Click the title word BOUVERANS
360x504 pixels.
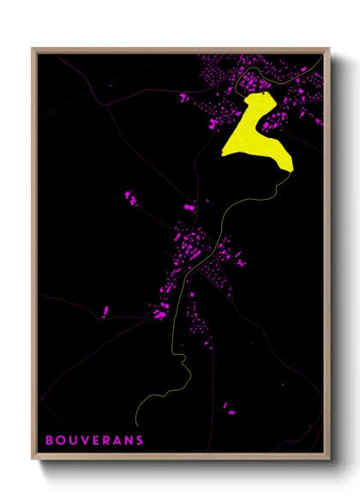[x=94, y=441]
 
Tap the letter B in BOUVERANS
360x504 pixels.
[x=50, y=441]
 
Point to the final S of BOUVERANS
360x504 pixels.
[x=139, y=441]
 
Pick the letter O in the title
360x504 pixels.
[x=60, y=441]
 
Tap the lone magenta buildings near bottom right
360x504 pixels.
[x=229, y=406]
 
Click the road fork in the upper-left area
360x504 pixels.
[x=108, y=104]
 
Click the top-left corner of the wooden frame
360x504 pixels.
[x=33, y=49]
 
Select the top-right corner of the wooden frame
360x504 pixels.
[x=328, y=49]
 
